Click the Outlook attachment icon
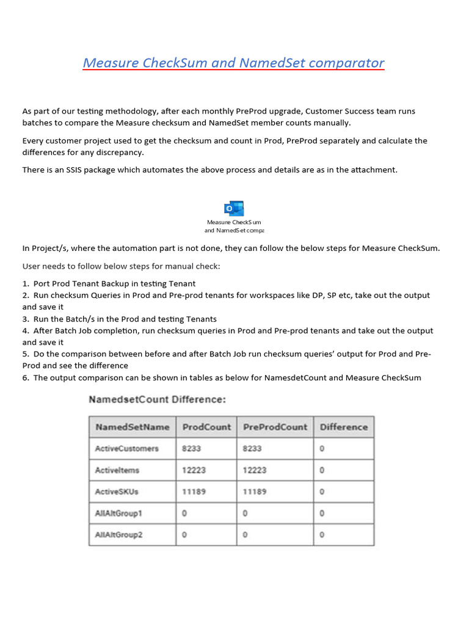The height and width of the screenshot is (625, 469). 234,209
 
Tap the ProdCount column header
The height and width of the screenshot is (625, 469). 206,427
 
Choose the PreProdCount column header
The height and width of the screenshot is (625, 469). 275,427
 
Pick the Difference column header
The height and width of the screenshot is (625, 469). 344,427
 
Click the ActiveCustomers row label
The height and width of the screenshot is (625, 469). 127,449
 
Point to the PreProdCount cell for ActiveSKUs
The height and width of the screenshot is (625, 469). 255,492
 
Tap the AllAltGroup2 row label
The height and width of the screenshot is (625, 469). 118,535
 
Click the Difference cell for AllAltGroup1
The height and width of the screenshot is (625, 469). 322,514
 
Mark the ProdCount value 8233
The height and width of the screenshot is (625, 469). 191,449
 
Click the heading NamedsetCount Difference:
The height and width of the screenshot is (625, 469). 158,400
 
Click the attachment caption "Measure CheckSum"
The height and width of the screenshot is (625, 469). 234,223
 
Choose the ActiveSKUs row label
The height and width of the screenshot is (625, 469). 117,492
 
